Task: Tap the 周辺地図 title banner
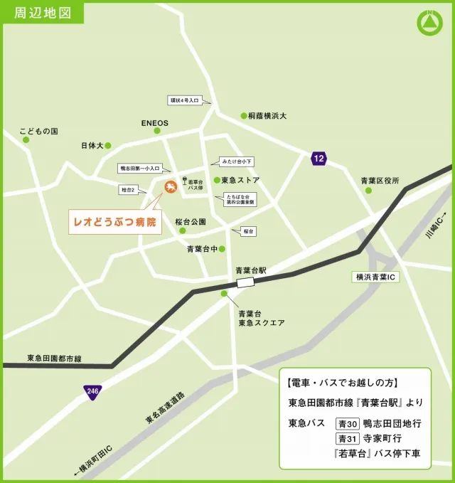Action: tap(42, 13)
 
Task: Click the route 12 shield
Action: tap(318, 159)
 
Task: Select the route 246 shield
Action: tap(92, 391)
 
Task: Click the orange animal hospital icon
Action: tap(171, 187)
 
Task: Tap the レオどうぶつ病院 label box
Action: tap(114, 222)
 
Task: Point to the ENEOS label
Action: tap(154, 123)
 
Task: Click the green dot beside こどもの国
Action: tap(26, 139)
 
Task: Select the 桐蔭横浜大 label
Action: tap(267, 115)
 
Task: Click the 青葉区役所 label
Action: tap(380, 180)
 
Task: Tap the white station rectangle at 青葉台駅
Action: tap(245, 282)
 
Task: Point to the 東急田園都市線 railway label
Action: tap(55, 358)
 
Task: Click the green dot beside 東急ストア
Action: tap(216, 180)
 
